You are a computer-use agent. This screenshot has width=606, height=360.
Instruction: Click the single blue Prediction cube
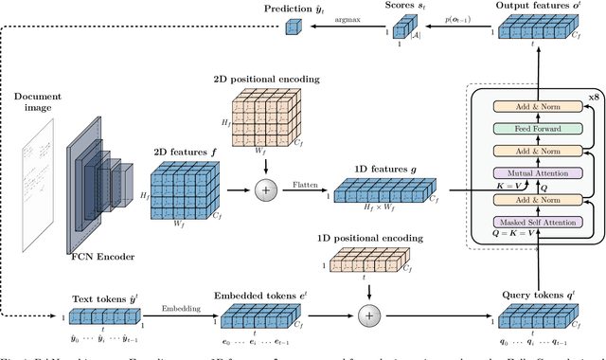click(293, 31)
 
